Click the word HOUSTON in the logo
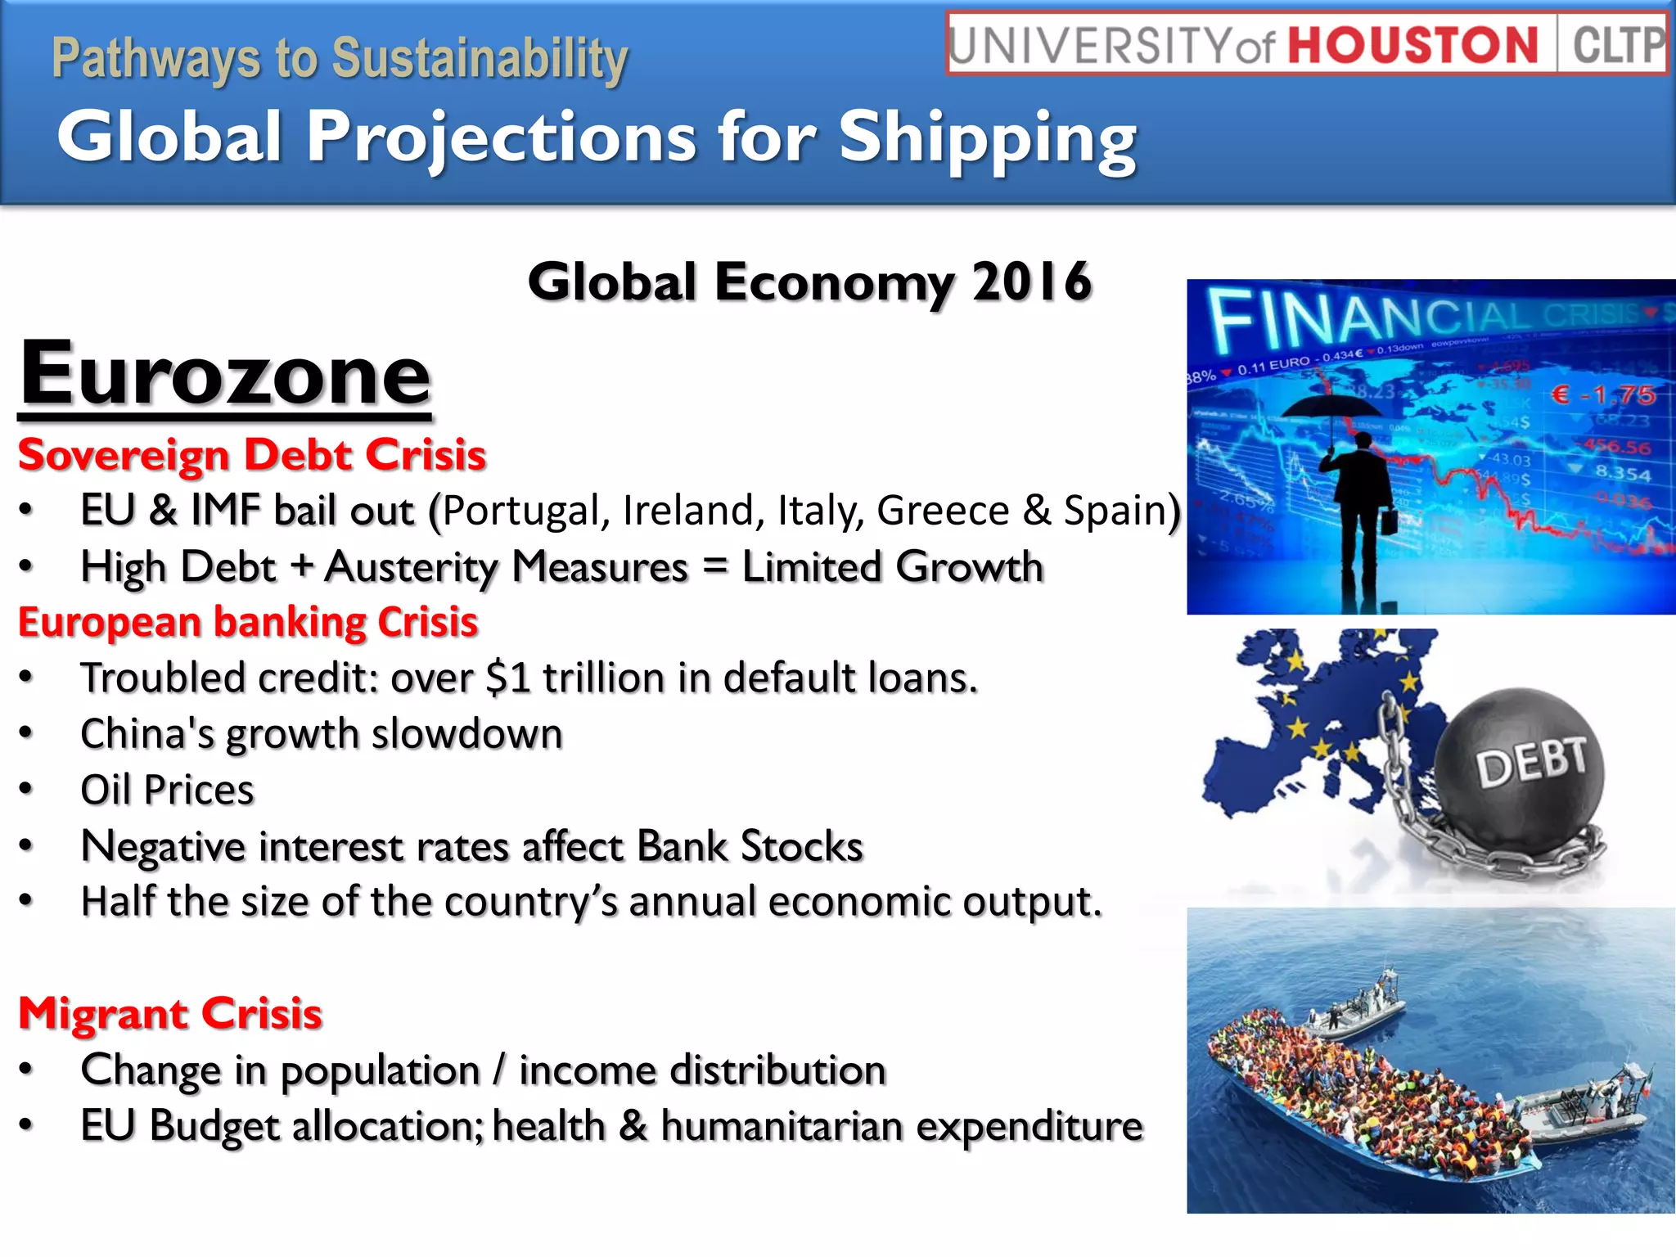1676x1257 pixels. (1413, 44)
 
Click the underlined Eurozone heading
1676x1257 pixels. (225, 375)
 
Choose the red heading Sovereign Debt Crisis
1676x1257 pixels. (252, 455)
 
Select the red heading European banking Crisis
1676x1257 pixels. (248, 623)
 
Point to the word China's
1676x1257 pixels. (147, 734)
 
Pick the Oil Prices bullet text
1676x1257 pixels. (167, 791)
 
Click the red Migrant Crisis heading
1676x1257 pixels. (170, 1014)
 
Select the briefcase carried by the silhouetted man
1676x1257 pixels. (1389, 521)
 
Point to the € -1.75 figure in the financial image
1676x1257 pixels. (1604, 395)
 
